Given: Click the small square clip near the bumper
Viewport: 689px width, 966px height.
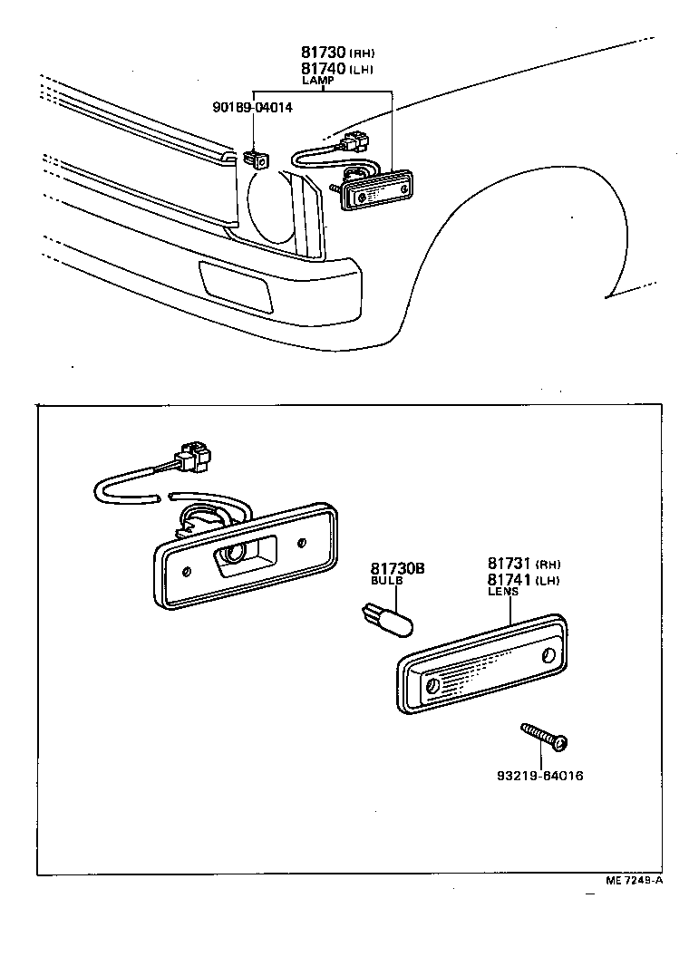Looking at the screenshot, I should (x=259, y=160).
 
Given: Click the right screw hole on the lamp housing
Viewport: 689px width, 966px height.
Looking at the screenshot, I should (x=301, y=543).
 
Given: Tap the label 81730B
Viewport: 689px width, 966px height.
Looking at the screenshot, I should (x=396, y=568).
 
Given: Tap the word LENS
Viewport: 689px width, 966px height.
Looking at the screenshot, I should (x=503, y=591).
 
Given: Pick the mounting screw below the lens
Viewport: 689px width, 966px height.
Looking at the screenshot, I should (x=543, y=735).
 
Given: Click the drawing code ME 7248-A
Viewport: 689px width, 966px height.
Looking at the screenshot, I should (x=634, y=880).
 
